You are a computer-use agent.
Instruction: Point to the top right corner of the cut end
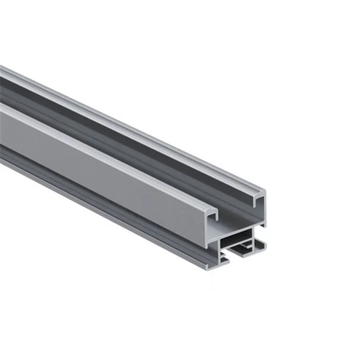click(x=264, y=191)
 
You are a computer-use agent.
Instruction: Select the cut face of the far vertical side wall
click(x=263, y=211)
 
